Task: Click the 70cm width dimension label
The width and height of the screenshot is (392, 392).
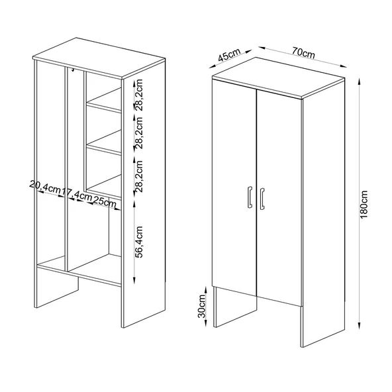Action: tap(303, 53)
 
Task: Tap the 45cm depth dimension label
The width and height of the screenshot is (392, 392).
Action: tap(229, 55)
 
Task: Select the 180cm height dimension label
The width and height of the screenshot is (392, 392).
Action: tap(364, 204)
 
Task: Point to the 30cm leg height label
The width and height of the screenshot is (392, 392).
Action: tap(201, 306)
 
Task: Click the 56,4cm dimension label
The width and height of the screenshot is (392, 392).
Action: tap(138, 242)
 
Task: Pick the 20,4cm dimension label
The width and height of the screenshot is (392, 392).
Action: tap(45, 186)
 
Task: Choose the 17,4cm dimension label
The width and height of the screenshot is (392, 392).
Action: tap(77, 194)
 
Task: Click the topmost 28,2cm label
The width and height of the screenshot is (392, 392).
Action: tap(138, 95)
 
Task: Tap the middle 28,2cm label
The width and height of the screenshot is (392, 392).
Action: tap(138, 133)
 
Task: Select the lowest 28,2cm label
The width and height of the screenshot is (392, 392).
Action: tap(138, 176)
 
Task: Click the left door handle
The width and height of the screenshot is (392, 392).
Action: tap(250, 197)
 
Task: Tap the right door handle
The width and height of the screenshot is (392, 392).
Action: tap(262, 199)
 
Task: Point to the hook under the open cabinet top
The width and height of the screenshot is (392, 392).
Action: tap(73, 70)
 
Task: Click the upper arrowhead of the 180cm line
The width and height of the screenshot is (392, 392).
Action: tap(359, 81)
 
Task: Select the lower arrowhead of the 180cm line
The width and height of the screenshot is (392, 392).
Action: tap(359, 326)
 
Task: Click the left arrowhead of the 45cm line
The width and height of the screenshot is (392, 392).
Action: tap(213, 66)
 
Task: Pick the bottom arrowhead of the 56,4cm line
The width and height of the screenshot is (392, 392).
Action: tap(134, 280)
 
